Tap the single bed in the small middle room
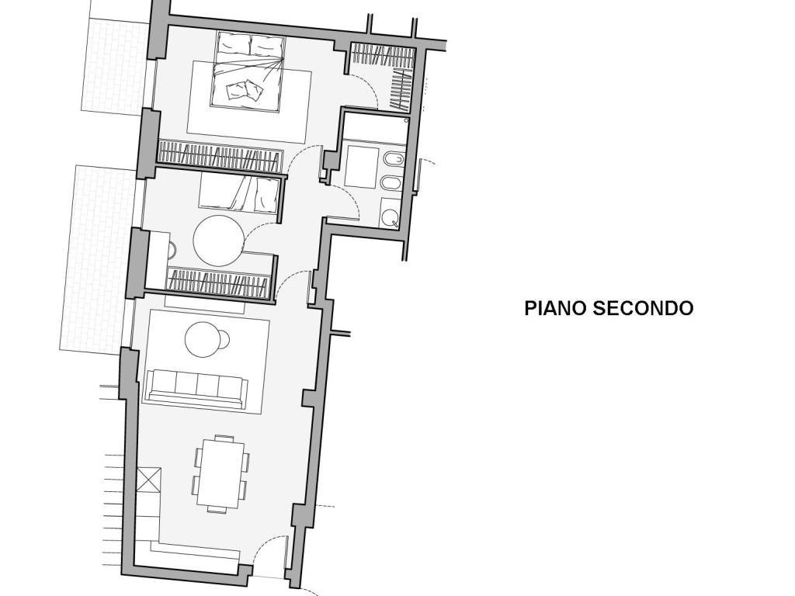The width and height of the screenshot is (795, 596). coord(238,192)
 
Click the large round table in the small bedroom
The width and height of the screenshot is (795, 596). coord(218,241)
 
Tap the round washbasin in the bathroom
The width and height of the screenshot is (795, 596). coord(390,214)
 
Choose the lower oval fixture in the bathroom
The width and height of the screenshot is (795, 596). coord(392,184)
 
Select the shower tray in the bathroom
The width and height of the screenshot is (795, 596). coord(359,165)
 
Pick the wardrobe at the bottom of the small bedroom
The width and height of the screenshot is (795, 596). coord(221,282)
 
